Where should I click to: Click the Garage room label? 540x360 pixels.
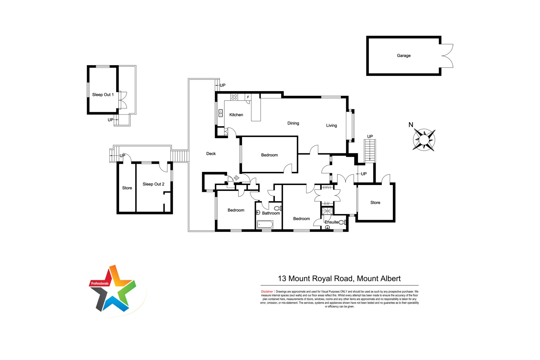(404, 55)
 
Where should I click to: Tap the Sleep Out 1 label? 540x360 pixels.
(103, 95)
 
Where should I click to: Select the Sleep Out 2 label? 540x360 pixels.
(153, 184)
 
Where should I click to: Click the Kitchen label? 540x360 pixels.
(236, 115)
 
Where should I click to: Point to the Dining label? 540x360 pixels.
(293, 123)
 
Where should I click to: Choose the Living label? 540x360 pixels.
(331, 126)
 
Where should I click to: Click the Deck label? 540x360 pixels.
(211, 154)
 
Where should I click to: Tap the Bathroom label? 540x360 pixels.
(271, 213)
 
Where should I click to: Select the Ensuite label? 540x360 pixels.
(331, 222)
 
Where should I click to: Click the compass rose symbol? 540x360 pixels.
(424, 140)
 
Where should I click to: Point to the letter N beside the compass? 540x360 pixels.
(411, 125)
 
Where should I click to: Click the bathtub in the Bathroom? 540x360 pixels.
(265, 224)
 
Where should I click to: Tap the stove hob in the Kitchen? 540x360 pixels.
(234, 97)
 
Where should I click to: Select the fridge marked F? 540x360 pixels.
(248, 97)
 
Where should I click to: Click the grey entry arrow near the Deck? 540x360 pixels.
(237, 178)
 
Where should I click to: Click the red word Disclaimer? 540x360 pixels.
(267, 292)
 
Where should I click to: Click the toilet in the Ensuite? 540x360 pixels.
(342, 222)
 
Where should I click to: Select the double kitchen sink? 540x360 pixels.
(221, 113)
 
